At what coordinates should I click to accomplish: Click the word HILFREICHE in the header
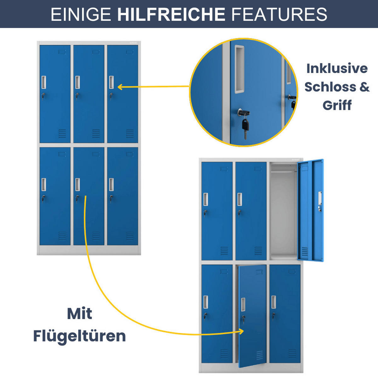pyautogui.click(x=171, y=14)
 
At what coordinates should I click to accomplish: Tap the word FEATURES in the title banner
pyautogui.click(x=279, y=14)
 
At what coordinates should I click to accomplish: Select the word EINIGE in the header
pyautogui.click(x=81, y=14)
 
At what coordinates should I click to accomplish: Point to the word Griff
pyautogui.click(x=337, y=105)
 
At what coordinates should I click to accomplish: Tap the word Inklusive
pyautogui.click(x=337, y=68)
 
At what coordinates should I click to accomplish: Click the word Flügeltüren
pyautogui.click(x=79, y=336)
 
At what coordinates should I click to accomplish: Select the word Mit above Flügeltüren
pyautogui.click(x=79, y=314)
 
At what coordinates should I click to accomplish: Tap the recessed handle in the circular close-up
pyautogui.click(x=239, y=69)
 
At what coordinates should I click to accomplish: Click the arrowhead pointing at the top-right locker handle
pyautogui.click(x=120, y=87)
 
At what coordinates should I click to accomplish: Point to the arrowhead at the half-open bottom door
pyautogui.click(x=241, y=331)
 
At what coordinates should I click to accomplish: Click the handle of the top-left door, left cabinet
pyautogui.click(x=44, y=82)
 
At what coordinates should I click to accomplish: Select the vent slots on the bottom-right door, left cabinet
pyautogui.click(x=130, y=236)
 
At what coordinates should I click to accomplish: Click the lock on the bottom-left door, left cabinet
pyautogui.click(x=43, y=198)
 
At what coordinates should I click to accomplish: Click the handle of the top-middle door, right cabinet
pyautogui.click(x=240, y=199)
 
